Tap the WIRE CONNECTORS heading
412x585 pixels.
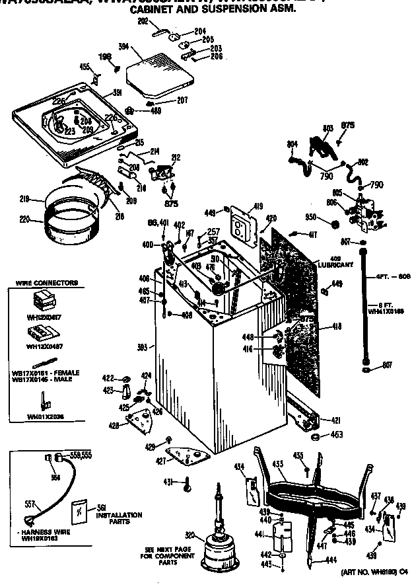pos(46,283)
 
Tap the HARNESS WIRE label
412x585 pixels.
pos(34,531)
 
